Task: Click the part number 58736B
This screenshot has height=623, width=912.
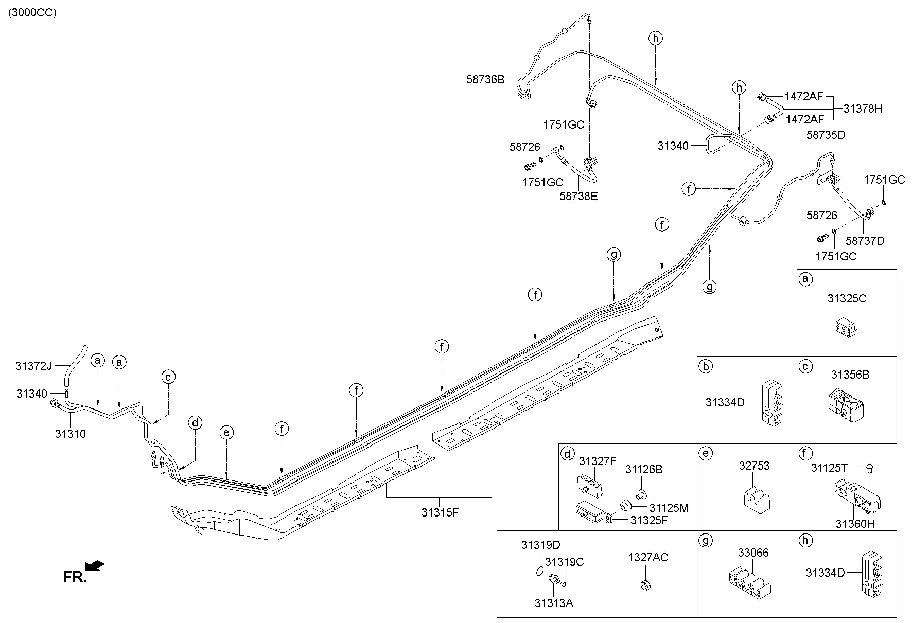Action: (485, 79)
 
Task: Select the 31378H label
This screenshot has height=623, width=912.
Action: (863, 109)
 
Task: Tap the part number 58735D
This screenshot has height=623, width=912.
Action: (826, 135)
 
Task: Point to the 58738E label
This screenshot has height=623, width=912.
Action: (578, 196)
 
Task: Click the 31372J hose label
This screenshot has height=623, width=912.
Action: (33, 366)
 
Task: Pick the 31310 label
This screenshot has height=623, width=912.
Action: (71, 434)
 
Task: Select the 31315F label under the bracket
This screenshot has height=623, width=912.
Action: (440, 512)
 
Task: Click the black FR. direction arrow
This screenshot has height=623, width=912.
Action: (95, 566)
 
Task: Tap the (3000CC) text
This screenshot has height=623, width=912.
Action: (32, 13)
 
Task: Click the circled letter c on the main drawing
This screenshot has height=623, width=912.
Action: (168, 377)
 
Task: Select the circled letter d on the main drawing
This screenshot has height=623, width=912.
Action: (195, 423)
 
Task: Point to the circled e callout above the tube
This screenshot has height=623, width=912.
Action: (226, 433)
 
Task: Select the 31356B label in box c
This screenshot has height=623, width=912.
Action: (850, 375)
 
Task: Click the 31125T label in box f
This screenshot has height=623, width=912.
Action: (829, 468)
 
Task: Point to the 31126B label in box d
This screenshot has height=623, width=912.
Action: (644, 469)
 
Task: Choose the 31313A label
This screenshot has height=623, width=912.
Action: (554, 603)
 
